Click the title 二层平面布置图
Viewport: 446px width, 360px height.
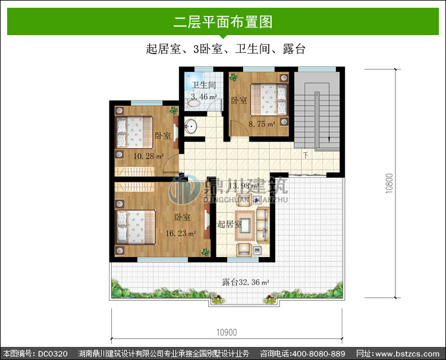(x=223, y=22)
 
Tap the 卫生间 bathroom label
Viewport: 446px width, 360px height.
(x=203, y=85)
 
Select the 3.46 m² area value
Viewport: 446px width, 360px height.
(x=204, y=97)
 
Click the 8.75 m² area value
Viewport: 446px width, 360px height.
(x=262, y=124)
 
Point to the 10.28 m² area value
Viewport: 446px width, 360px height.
(x=149, y=156)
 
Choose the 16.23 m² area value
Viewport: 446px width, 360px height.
(x=181, y=233)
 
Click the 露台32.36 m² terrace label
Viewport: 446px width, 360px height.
(x=246, y=282)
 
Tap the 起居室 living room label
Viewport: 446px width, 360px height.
(x=230, y=224)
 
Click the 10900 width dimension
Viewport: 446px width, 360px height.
(x=227, y=332)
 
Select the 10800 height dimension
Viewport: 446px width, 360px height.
(x=390, y=183)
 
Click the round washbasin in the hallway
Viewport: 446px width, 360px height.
(x=190, y=126)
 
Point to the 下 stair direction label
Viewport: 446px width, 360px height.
(x=306, y=155)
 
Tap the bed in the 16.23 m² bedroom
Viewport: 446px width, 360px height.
(x=135, y=227)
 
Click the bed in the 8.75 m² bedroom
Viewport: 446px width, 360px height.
(x=269, y=100)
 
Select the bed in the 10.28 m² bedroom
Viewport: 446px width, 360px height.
(x=134, y=132)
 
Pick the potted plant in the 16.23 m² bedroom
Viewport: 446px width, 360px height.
(x=205, y=252)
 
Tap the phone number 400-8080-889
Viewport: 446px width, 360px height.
(x=319, y=353)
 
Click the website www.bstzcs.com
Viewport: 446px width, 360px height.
(x=407, y=354)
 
